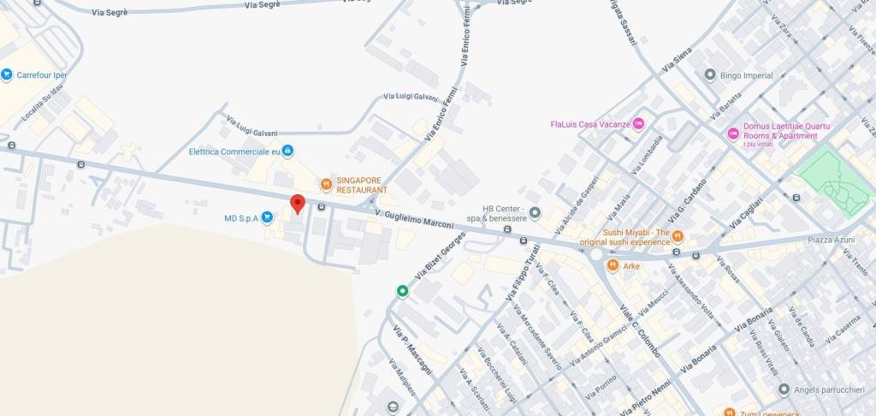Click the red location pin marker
click(x=298, y=204)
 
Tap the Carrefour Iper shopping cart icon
click(x=7, y=75)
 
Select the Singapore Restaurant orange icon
click(x=326, y=184)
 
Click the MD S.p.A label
click(x=241, y=218)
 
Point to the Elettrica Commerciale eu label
click(x=234, y=152)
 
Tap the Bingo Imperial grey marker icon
click(x=709, y=75)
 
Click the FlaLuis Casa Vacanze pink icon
click(x=638, y=124)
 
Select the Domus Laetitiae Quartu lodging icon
click(x=732, y=134)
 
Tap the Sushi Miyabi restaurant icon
click(x=678, y=235)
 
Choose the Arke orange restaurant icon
click(x=613, y=265)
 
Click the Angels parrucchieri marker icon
click(x=784, y=389)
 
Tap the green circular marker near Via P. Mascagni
click(x=402, y=292)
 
